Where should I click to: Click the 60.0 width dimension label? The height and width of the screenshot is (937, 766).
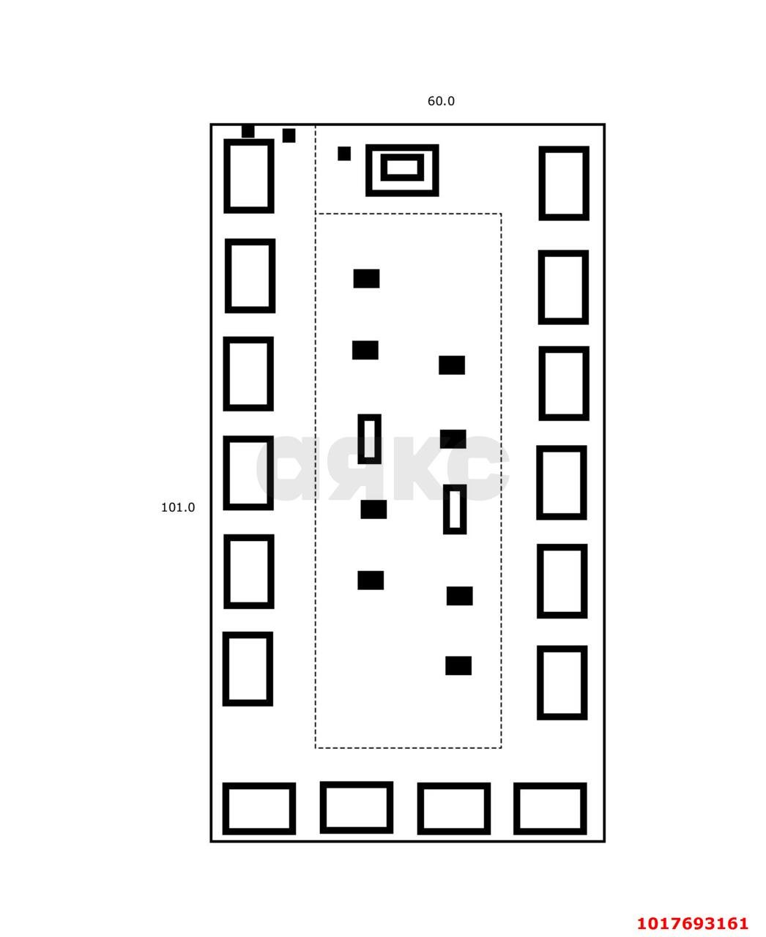pos(441,101)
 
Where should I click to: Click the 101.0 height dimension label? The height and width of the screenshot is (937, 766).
pos(177,507)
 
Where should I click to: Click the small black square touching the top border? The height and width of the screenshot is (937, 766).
pos(248,131)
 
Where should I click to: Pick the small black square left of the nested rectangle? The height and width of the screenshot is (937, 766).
pos(343,153)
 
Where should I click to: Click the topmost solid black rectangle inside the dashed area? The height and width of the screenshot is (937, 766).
pos(366,279)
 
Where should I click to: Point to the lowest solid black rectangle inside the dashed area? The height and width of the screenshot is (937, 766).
pos(458,665)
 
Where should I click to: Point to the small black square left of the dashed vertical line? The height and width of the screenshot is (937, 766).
pos(289,135)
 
